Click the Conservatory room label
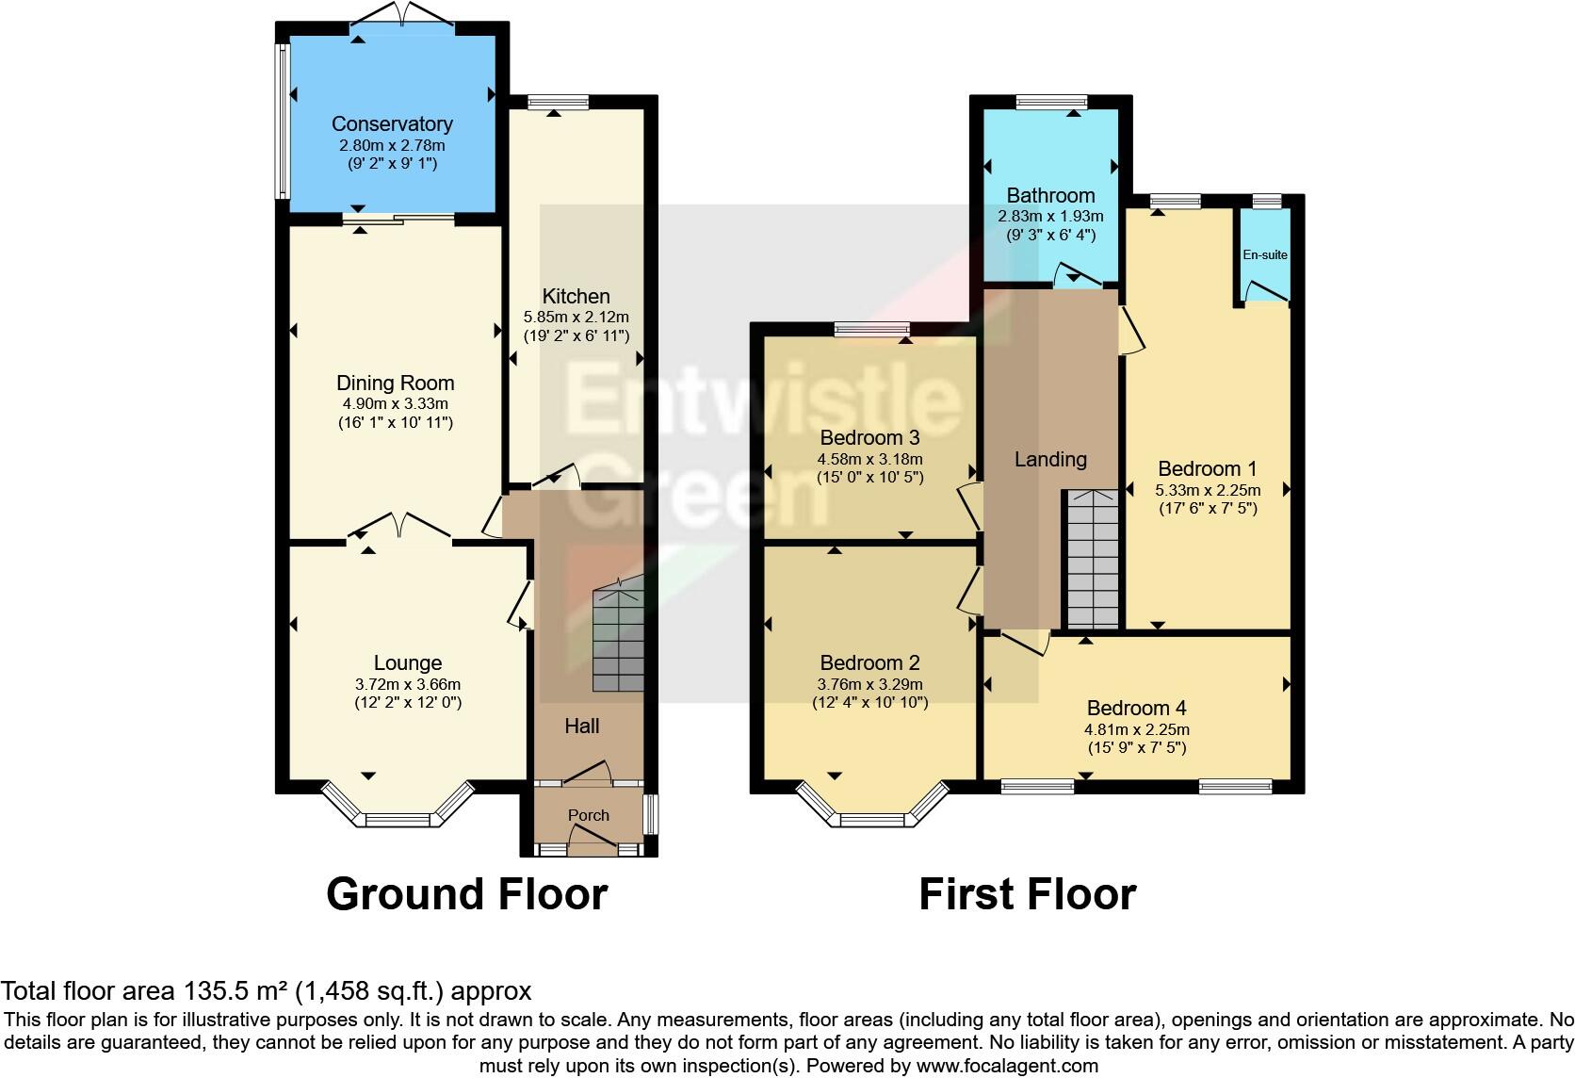392,123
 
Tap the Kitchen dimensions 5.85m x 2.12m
576,317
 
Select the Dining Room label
395,383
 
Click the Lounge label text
407,663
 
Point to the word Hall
582,726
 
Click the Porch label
588,815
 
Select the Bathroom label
1050,195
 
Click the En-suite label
1264,254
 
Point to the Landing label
1050,459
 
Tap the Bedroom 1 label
1207,468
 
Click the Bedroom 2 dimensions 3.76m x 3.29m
869,684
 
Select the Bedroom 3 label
869,437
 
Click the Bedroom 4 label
1136,708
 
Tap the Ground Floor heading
466,893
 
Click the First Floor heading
1027,893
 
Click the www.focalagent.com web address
1006,1066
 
